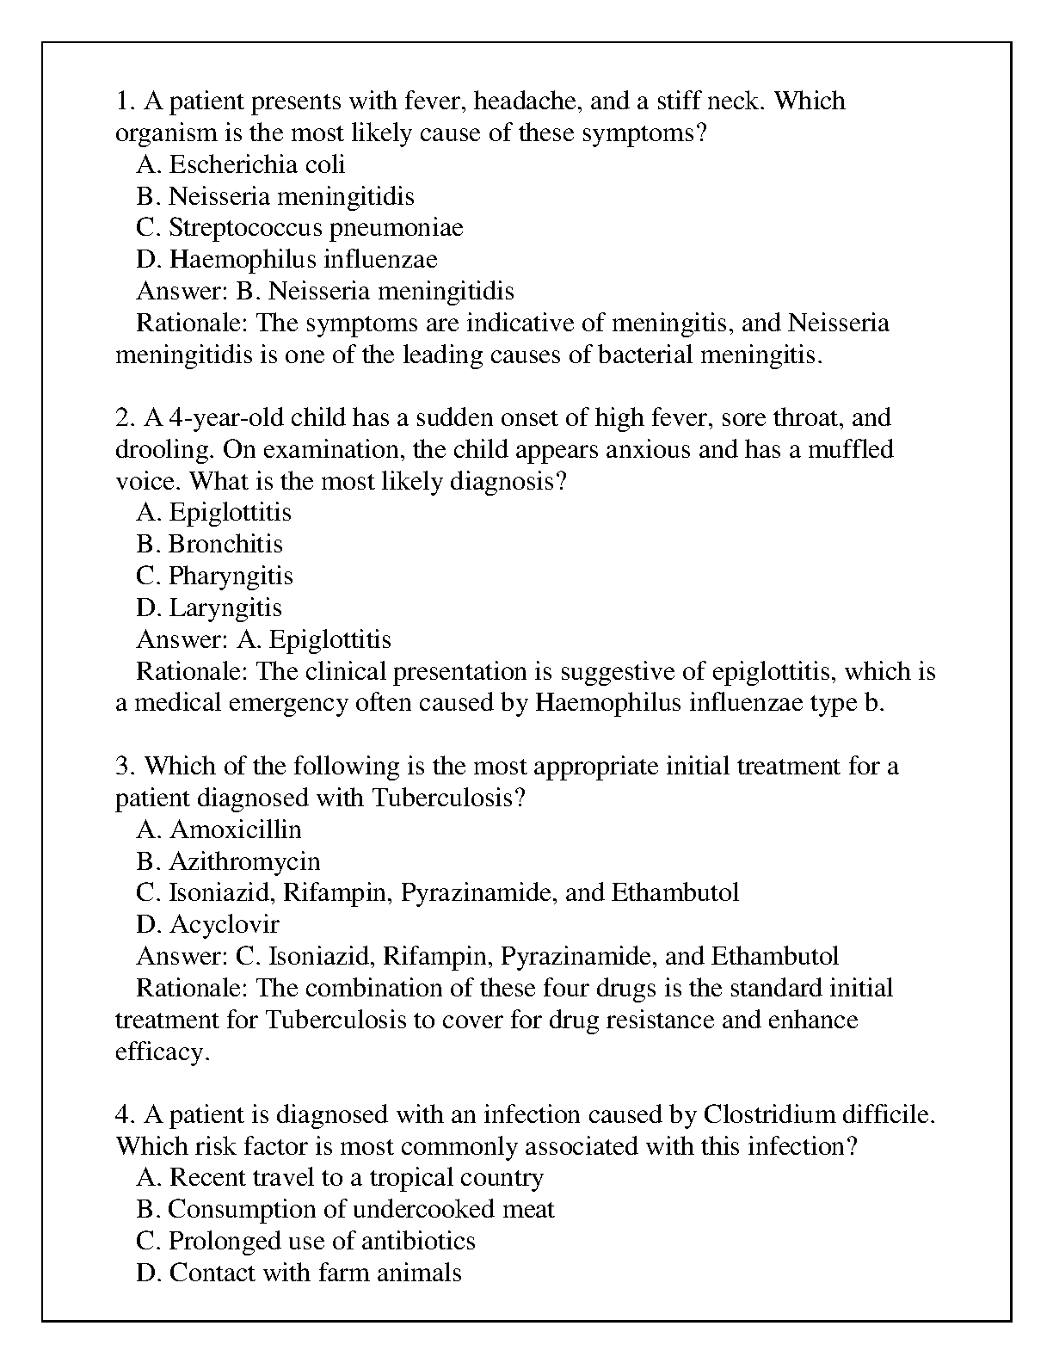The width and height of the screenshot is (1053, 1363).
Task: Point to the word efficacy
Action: (162, 1052)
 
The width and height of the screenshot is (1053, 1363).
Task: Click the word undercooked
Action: (423, 1210)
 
